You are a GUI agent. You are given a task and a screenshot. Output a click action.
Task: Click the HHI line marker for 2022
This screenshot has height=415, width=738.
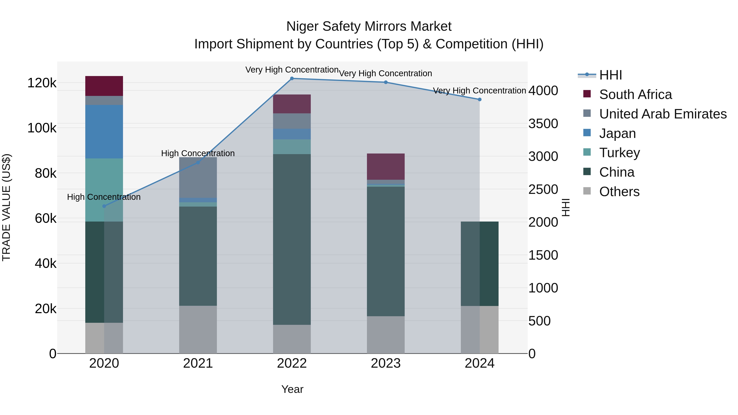pos(292,78)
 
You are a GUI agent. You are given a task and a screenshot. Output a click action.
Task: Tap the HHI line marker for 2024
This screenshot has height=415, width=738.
pos(479,99)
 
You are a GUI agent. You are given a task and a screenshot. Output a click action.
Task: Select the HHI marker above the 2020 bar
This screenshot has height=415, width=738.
pos(104,206)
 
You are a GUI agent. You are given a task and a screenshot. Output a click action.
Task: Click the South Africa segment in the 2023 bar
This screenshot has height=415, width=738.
pos(386,166)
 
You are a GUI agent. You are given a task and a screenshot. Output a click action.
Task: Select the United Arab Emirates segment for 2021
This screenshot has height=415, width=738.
pos(198,177)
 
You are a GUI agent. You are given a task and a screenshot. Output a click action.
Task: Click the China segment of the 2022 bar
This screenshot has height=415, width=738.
pos(292,239)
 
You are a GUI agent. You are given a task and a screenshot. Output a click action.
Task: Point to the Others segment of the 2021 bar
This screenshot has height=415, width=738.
pos(198,329)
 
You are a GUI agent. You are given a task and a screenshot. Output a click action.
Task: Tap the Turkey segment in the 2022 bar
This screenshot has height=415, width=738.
pos(292,147)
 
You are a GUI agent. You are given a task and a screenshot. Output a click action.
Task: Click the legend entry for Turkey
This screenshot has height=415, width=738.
pos(619,153)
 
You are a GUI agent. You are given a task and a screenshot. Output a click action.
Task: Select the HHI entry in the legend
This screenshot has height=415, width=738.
pos(610,75)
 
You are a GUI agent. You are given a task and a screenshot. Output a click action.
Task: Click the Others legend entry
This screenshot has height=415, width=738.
pos(619,192)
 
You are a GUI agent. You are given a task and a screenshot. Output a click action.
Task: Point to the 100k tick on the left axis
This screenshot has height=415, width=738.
pos(42,128)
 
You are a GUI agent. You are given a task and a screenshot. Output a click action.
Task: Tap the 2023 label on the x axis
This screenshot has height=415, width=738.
pos(386,363)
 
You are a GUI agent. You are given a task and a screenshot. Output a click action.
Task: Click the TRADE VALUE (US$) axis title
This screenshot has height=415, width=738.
pos(6,207)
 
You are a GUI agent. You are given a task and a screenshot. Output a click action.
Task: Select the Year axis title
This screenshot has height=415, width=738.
pos(292,389)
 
